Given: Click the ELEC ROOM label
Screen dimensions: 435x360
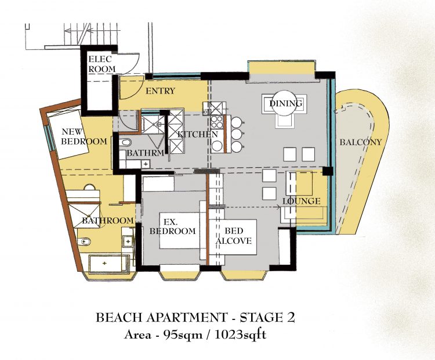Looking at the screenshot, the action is (x=102, y=64).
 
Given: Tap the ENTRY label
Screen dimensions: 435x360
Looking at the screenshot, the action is (x=160, y=91).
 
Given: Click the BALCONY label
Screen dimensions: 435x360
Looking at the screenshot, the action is (x=361, y=142).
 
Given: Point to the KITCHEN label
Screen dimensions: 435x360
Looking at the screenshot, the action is (x=198, y=135).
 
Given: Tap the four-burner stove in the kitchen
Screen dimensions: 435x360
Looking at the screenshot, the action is (x=217, y=122).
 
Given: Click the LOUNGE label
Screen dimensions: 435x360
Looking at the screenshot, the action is (x=301, y=201).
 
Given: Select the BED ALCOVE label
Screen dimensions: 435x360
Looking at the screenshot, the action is (x=234, y=236).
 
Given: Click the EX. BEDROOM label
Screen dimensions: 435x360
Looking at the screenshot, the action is (x=173, y=226).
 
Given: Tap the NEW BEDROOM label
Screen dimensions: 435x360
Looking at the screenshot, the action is (x=84, y=136).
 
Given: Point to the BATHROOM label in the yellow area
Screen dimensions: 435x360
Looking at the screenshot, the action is (x=108, y=221).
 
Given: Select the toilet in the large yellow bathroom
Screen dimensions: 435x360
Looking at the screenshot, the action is (x=84, y=242).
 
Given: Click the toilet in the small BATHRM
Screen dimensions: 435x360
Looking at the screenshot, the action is (x=125, y=142).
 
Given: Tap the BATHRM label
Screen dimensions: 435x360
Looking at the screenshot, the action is (x=145, y=153).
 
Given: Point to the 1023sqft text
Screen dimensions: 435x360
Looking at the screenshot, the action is (x=240, y=335).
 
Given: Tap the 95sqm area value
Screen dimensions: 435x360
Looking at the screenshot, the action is (x=183, y=335).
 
